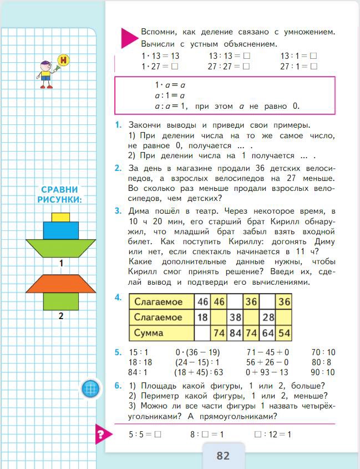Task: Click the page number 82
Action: pos(223,455)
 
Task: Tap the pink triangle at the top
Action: pos(128,37)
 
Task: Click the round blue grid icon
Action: pos(90,389)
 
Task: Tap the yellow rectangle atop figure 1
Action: pos(60,216)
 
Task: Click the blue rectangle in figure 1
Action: pos(60,230)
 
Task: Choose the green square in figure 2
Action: pos(60,302)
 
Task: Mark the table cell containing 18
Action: pos(202,317)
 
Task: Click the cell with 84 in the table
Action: pos(235,333)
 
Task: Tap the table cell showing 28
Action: pos(268,317)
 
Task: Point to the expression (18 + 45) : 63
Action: pos(199,372)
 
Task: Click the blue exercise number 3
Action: pos(118,211)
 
